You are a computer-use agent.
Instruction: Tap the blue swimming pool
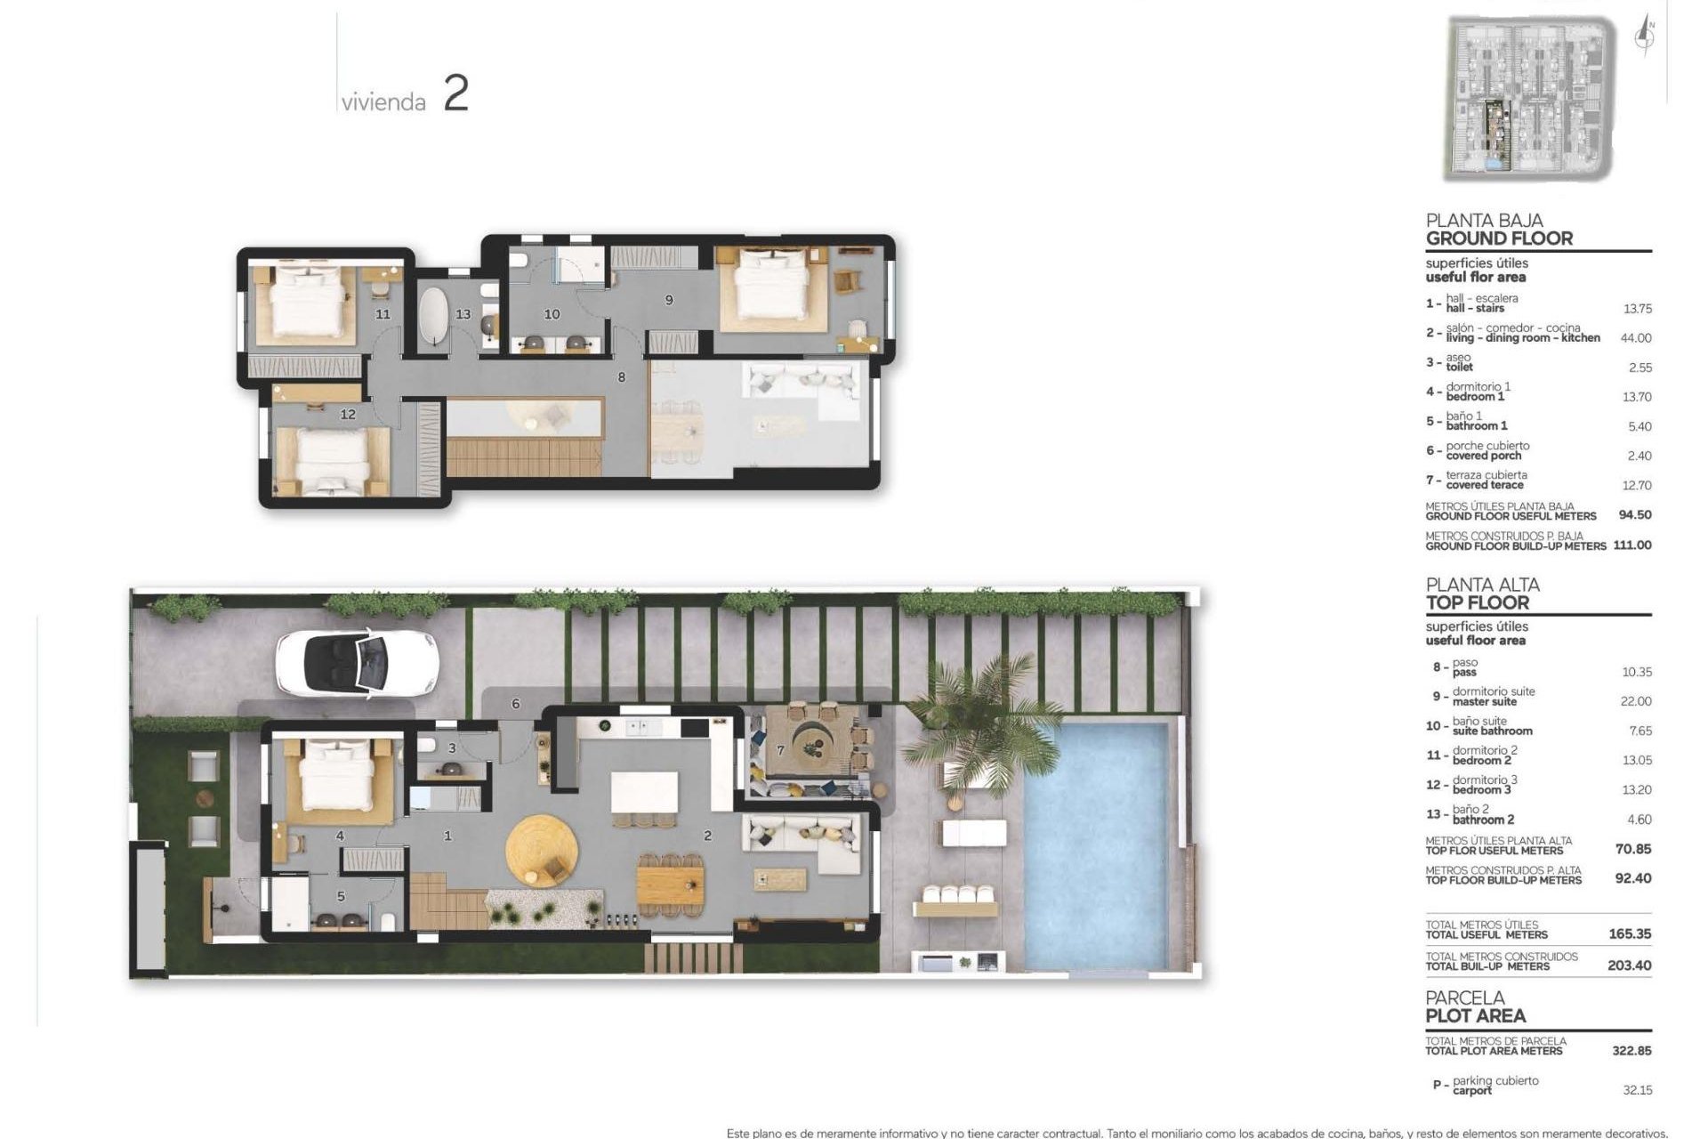tap(1096, 845)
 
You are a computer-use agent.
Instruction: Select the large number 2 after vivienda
tap(455, 94)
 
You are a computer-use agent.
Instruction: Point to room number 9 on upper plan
tap(669, 301)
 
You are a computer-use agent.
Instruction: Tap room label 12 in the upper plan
tap(348, 414)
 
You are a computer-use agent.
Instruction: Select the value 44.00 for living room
tap(1636, 338)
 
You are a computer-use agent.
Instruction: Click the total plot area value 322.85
tap(1631, 1051)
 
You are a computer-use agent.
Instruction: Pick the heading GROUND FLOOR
tap(1499, 238)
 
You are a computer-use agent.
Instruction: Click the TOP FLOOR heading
tap(1477, 602)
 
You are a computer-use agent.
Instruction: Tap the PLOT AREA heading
tap(1475, 1015)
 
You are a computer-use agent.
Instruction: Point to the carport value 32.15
tap(1637, 1090)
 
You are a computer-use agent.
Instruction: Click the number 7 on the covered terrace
tap(781, 751)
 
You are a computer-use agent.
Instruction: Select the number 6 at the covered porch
tap(516, 704)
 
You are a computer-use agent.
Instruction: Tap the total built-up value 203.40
tap(1630, 965)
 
